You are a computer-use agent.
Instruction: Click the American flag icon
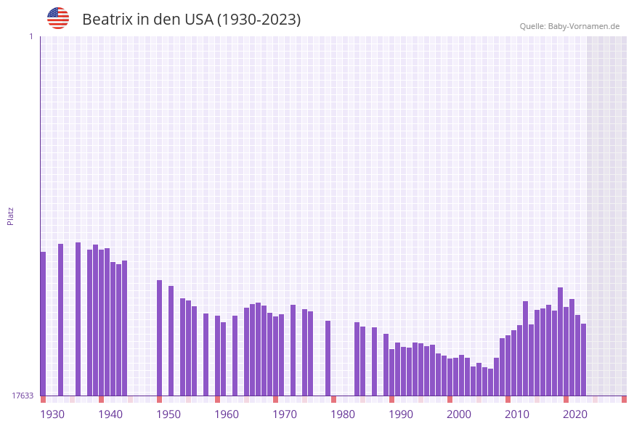pyautogui.click(x=58, y=18)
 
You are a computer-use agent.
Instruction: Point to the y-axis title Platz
pyautogui.click(x=11, y=216)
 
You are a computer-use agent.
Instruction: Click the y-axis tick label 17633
pyautogui.click(x=23, y=396)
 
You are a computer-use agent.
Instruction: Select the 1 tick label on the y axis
pyautogui.click(x=31, y=36)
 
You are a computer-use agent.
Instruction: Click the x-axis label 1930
pyautogui.click(x=52, y=414)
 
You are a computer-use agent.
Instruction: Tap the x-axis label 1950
pyautogui.click(x=168, y=414)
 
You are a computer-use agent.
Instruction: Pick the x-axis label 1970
pyautogui.click(x=285, y=414)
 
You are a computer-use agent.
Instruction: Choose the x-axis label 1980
pyautogui.click(x=343, y=414)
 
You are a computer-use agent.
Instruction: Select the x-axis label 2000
pyautogui.click(x=459, y=414)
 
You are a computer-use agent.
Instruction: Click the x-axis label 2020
pyautogui.click(x=575, y=414)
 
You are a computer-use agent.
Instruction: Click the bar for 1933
pyautogui.click(x=61, y=319)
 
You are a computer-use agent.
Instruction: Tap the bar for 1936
pyautogui.click(x=78, y=319)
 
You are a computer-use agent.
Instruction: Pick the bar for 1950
pyautogui.click(x=160, y=337)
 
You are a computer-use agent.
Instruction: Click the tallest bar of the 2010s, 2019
pyautogui.click(x=561, y=341)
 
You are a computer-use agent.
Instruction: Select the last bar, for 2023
pyautogui.click(x=584, y=359)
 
